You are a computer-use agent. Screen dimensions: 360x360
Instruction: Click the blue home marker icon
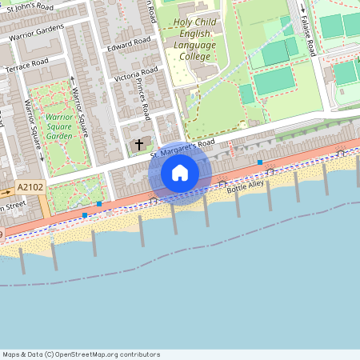coord(180,173)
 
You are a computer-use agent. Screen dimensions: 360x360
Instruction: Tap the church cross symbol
coord(139,144)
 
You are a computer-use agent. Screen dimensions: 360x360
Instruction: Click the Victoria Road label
coord(136,77)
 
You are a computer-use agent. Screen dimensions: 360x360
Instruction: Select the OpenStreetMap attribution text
coord(80,354)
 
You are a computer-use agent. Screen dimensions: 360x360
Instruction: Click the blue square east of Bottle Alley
coord(260,162)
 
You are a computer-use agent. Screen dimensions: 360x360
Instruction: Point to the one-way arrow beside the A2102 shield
coord(5,193)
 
